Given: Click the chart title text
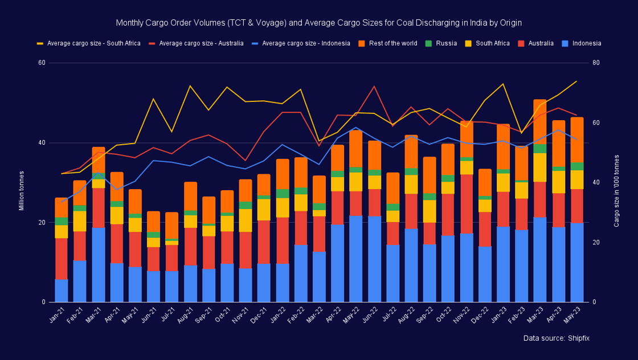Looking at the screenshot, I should coord(318,23).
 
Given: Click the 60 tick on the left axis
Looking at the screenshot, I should coord(42,63).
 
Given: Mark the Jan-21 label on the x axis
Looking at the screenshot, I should coord(58,313).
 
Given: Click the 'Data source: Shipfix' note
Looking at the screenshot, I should coord(556,338).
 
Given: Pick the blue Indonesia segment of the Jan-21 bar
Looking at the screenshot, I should coord(61,291).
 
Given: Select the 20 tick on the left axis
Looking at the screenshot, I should coord(42,222).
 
